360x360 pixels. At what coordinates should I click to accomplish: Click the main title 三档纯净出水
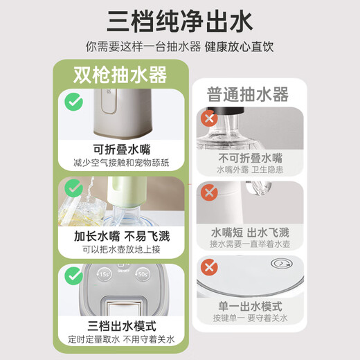tap(180, 21)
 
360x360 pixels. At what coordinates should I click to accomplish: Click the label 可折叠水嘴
tap(122, 149)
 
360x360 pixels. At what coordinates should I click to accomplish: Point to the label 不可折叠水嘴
tap(249, 158)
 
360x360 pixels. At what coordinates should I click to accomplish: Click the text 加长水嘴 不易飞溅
tap(122, 236)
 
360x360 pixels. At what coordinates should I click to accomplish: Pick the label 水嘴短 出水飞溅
tap(249, 233)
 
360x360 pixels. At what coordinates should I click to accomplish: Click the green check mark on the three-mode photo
tap(73, 275)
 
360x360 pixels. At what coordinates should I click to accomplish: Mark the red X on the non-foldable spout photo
tap(207, 118)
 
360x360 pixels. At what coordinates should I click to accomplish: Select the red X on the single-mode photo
tap(207, 267)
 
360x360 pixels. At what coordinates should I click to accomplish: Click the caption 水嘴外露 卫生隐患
tap(249, 170)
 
